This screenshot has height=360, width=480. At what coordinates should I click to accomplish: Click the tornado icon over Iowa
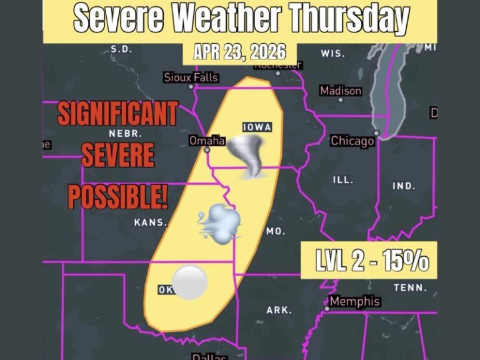[x=243, y=158]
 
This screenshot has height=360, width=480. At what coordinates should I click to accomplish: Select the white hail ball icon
[x=189, y=282]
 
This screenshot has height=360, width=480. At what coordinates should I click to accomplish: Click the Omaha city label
[x=207, y=141]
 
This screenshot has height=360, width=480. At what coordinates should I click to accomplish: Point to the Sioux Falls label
[x=191, y=77]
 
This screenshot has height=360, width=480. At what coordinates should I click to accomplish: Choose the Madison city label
[x=341, y=91]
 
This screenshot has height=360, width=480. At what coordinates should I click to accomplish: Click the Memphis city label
[x=354, y=302]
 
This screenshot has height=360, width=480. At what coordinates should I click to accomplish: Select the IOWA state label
[x=257, y=127]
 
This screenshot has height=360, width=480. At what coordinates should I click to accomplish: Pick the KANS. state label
[x=151, y=222]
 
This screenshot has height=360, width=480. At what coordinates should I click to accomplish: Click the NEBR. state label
[x=126, y=134]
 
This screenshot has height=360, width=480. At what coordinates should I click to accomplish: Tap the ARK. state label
[x=278, y=310]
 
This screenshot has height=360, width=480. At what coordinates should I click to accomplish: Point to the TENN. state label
[x=410, y=288]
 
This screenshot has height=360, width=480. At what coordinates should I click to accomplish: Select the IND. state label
[x=403, y=186]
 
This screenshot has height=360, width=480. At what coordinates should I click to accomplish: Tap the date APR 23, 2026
[x=239, y=52]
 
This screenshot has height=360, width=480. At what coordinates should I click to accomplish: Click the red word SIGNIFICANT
[x=117, y=115]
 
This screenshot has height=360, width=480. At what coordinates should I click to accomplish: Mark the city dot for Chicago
[x=377, y=133]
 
